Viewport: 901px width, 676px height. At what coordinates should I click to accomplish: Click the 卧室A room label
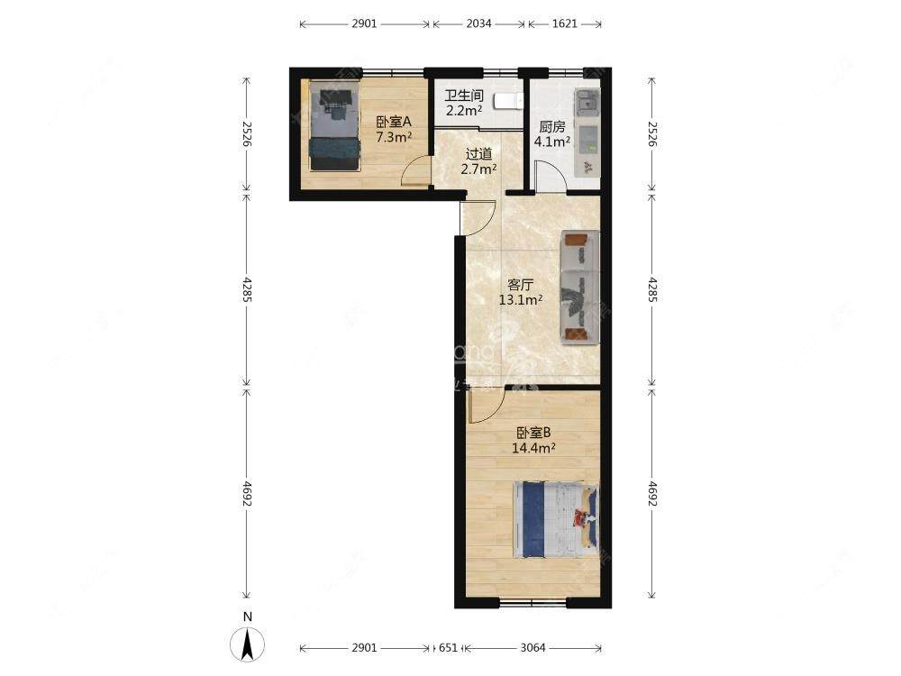394,122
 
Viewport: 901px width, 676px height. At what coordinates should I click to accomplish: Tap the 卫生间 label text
464,95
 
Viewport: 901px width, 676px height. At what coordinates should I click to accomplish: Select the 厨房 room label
552,127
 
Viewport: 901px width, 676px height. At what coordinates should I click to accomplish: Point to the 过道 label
479,153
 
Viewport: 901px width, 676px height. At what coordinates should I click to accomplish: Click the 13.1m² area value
521,300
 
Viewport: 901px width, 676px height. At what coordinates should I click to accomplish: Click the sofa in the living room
580,287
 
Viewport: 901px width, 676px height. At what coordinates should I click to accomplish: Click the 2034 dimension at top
478,24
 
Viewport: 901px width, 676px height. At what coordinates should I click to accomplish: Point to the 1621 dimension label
564,24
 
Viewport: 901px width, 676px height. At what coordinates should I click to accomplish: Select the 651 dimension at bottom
448,648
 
